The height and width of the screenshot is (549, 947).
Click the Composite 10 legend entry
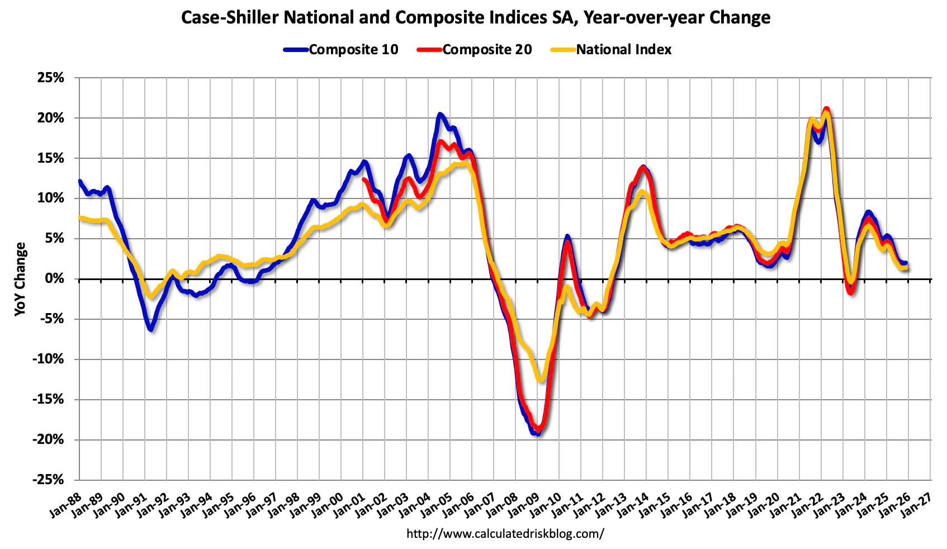pos(341,50)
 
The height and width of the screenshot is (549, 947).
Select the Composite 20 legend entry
pos(475,50)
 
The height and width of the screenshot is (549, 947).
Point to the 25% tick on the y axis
pos(51,78)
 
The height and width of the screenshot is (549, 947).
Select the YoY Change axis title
pos(20,279)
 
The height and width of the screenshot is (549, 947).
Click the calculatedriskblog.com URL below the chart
pos(505,533)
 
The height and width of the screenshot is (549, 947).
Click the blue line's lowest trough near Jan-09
pos(537,433)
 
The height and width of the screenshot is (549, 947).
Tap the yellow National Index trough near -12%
pos(539,380)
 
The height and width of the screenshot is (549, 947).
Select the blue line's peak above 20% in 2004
pos(440,115)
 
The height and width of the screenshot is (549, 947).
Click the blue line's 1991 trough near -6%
pos(150,329)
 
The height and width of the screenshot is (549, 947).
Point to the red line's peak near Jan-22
pos(827,110)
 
